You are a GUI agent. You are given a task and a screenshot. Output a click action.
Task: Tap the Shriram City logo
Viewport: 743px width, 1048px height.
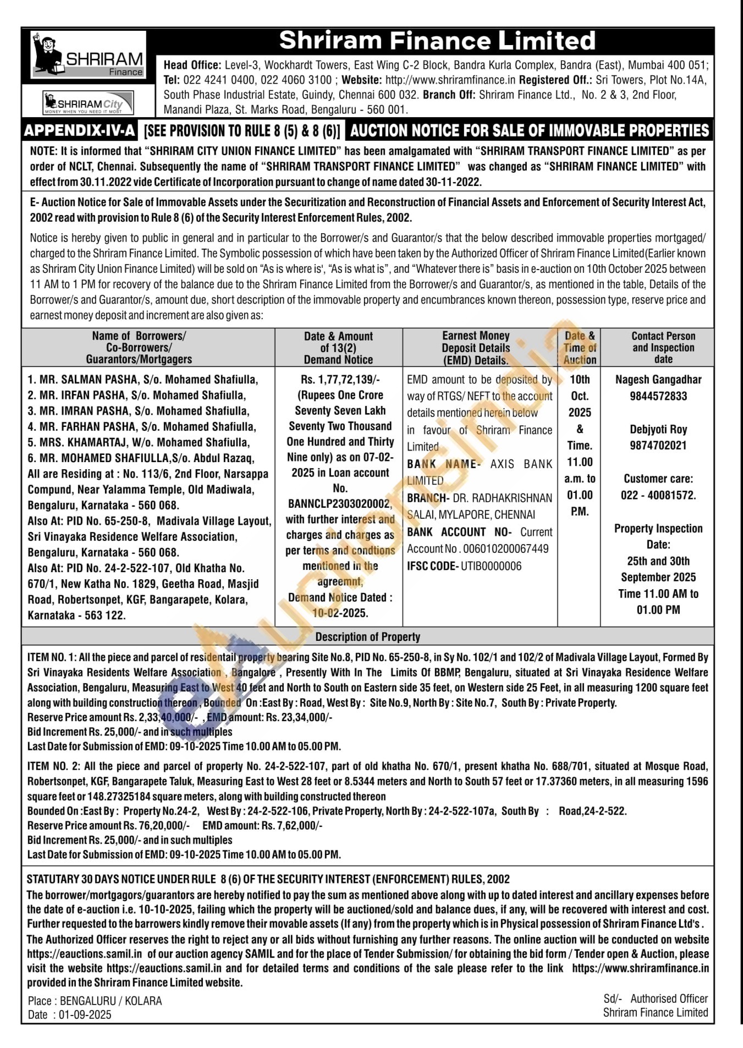(89, 103)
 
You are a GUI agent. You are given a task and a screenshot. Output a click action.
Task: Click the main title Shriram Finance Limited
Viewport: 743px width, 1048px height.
(437, 41)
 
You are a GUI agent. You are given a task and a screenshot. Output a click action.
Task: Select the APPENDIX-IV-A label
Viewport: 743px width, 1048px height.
(79, 131)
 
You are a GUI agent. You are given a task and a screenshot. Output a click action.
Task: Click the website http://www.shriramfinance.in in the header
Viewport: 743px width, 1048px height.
(450, 80)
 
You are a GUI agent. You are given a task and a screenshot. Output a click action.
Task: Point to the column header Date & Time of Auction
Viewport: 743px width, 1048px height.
(580, 348)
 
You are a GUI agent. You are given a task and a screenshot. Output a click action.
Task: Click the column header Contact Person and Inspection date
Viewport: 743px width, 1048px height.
(663, 347)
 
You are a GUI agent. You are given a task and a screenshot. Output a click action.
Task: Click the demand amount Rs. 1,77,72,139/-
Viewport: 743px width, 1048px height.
(340, 380)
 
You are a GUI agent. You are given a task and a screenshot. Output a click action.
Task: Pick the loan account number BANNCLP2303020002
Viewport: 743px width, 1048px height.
(339, 504)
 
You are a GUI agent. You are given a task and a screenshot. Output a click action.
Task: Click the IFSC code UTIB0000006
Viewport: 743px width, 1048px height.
(491, 566)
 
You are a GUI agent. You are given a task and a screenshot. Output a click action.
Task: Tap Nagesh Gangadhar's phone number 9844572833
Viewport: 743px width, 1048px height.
(658, 396)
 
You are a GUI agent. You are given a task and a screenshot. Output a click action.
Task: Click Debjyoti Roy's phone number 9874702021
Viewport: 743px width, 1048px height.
(658, 446)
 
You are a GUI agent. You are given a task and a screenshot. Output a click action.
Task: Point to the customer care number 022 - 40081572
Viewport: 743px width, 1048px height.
(658, 495)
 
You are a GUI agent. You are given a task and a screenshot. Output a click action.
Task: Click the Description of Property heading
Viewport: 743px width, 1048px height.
(367, 637)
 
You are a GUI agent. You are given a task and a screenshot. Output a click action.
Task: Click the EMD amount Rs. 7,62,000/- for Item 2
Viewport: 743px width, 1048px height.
(292, 826)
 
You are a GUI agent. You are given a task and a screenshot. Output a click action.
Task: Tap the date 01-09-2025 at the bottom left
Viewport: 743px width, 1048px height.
(85, 1015)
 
